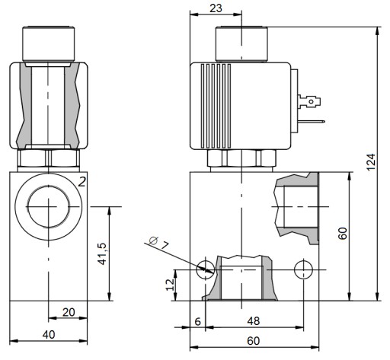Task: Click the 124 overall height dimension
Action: [371, 162]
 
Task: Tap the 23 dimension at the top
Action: [216, 8]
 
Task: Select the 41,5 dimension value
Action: [103, 253]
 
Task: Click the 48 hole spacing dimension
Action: [254, 321]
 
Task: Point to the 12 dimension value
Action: [170, 285]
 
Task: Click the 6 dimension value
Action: [197, 321]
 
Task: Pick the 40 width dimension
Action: [49, 335]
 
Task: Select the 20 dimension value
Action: [69, 312]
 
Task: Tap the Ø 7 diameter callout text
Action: [159, 243]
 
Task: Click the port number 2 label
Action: [82, 182]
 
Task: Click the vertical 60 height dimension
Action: [343, 234]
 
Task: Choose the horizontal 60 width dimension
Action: [254, 341]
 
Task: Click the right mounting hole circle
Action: [303, 269]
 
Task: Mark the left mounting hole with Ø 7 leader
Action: [206, 269]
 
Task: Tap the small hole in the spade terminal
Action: [311, 102]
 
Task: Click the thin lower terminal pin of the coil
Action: [312, 122]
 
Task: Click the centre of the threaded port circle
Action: [48, 207]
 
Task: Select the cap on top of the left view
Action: [49, 43]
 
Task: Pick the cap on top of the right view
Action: [241, 43]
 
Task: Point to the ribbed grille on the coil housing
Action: [216, 106]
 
